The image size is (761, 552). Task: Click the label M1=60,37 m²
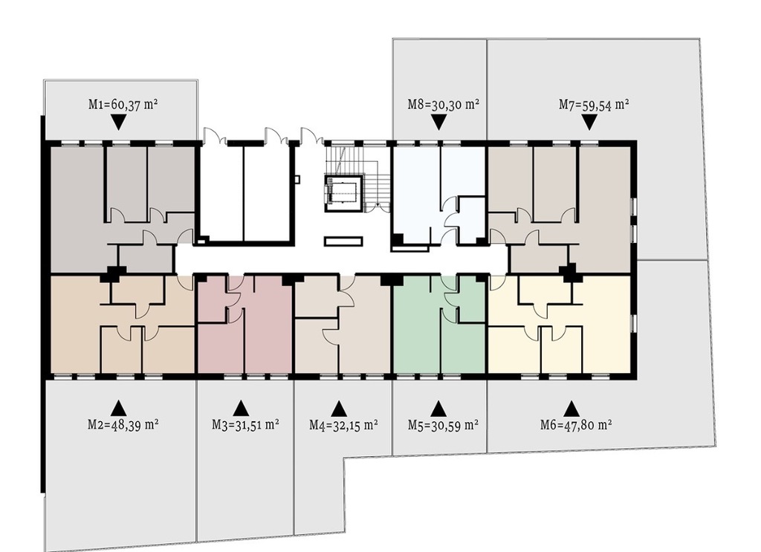point(123,104)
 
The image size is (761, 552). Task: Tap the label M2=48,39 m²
point(123,424)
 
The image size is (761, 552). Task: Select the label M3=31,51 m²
point(245,424)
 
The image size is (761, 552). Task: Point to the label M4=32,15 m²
point(344,425)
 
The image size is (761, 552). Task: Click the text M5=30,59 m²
point(443,425)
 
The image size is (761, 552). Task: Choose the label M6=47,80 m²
point(576,425)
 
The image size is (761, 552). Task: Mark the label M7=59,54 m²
point(594,104)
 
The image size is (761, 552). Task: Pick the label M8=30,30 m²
point(444,104)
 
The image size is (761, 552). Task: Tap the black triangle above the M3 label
point(241,408)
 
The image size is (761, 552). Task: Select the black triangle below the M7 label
point(589,123)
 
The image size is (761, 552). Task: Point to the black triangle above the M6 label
point(571,408)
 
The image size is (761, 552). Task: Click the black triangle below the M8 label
point(438,123)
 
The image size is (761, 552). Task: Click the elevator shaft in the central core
point(344,194)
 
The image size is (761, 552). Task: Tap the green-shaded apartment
point(439,323)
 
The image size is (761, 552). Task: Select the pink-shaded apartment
point(244,324)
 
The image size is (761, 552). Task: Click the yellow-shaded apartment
point(559,324)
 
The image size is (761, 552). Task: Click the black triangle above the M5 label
point(438,408)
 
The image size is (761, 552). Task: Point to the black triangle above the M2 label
point(118,408)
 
